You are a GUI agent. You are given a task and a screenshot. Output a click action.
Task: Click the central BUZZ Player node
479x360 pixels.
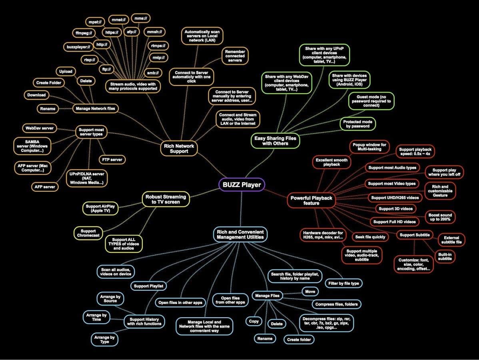[x=241, y=185]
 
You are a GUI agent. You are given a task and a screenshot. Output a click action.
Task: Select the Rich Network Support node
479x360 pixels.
[x=179, y=148]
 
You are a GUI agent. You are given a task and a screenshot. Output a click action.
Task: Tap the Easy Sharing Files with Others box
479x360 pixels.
[x=275, y=140]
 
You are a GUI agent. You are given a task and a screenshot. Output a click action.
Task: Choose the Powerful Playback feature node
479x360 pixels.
[x=311, y=200]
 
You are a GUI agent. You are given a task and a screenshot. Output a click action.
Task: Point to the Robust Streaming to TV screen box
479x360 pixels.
[x=166, y=199]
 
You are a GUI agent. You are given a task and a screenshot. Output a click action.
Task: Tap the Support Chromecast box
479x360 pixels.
[x=88, y=233]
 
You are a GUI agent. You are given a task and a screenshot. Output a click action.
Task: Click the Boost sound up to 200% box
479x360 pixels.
[x=440, y=218]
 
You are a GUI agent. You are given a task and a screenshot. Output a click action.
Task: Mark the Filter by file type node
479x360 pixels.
[x=343, y=283]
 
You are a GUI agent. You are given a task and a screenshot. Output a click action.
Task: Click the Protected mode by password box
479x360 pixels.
[x=358, y=124]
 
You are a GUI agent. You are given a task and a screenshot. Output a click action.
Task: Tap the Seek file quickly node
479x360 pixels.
[x=370, y=237]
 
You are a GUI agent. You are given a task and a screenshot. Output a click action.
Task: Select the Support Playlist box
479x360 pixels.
[x=149, y=286]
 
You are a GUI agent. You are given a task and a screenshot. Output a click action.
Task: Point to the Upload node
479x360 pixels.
[x=66, y=72]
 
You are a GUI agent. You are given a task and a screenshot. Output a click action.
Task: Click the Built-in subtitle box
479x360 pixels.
[x=445, y=256]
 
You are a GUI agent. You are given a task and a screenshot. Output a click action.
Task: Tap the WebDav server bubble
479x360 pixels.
[x=39, y=128]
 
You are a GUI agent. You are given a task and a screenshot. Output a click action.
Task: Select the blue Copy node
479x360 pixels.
[x=254, y=321]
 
